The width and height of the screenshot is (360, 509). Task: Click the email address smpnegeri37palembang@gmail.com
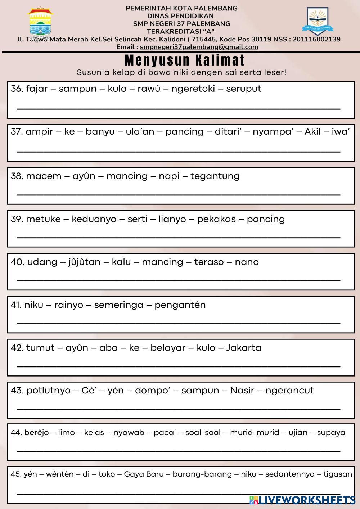pos(199,47)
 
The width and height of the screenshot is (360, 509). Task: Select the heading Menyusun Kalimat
pos(184,60)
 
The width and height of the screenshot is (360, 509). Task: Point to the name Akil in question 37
pos(312,131)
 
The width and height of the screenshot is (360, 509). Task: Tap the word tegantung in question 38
pos(215,176)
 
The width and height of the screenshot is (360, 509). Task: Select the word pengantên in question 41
pos(180,305)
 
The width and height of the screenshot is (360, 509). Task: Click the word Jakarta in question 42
pos(243,348)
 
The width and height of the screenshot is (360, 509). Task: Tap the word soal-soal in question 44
pos(203,432)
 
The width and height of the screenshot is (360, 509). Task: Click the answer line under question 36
pos(179,108)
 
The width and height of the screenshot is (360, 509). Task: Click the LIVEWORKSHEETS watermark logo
pos(302,500)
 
